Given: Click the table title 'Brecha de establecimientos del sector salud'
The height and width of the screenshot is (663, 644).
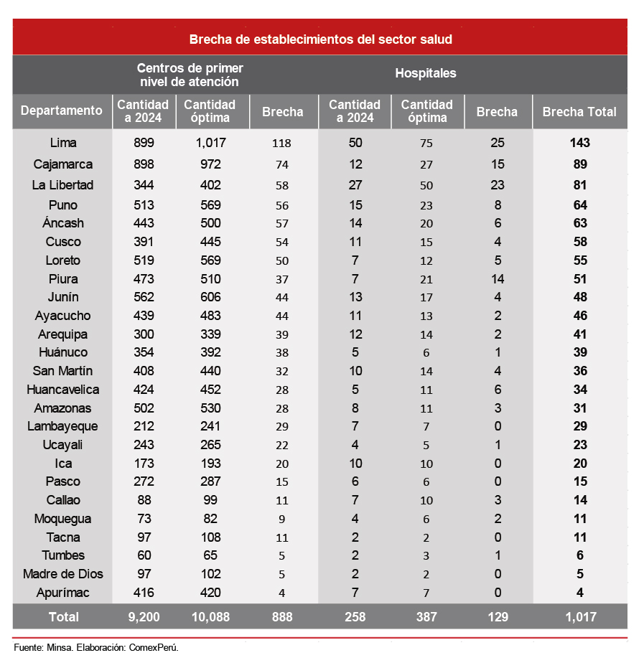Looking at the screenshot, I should pyautogui.click(x=320, y=39).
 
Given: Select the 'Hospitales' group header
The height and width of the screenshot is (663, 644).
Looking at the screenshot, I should pyautogui.click(x=425, y=73).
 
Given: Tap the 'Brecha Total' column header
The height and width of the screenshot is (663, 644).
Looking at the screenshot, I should pyautogui.click(x=579, y=112).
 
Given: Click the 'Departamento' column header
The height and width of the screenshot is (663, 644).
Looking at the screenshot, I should pyautogui.click(x=62, y=110).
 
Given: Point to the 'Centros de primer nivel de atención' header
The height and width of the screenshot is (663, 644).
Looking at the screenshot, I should pyautogui.click(x=190, y=75).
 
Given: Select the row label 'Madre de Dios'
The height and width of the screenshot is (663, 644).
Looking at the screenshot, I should pyautogui.click(x=63, y=574).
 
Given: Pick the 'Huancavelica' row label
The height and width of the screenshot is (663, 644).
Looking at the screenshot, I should pyautogui.click(x=63, y=390).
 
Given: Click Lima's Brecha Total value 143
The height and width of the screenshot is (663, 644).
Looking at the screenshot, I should pyautogui.click(x=579, y=143).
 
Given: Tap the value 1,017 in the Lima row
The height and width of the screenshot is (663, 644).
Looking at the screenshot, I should pyautogui.click(x=210, y=143).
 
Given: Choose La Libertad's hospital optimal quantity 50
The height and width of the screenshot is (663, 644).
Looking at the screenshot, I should pyautogui.click(x=426, y=185).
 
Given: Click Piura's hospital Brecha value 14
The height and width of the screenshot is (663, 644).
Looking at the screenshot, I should pyautogui.click(x=498, y=279).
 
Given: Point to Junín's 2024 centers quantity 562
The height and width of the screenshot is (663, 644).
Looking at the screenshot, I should pyautogui.click(x=144, y=297).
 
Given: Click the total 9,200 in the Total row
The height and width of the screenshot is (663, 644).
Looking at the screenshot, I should pyautogui.click(x=144, y=616).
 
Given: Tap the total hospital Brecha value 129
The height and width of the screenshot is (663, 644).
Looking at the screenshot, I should pyautogui.click(x=497, y=616).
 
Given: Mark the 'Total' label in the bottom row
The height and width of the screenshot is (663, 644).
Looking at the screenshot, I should pyautogui.click(x=63, y=616).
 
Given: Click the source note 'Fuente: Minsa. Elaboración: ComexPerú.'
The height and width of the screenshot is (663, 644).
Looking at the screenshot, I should pyautogui.click(x=96, y=647).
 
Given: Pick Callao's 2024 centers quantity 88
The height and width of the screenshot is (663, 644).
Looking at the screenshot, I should pyautogui.click(x=144, y=500).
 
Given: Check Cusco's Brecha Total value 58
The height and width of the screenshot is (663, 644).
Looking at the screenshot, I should pyautogui.click(x=579, y=242).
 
